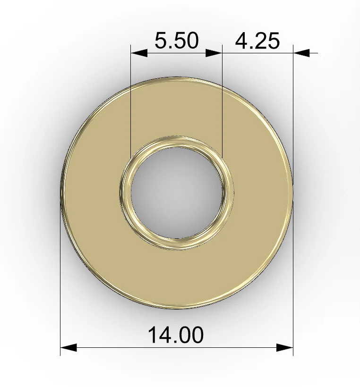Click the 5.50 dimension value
176,40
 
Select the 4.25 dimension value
257,41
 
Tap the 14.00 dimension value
176,335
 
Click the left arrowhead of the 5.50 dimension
139,52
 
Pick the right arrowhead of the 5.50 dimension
214,52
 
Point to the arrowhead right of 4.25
301,52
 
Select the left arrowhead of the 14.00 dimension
69,347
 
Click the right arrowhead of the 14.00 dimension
285,347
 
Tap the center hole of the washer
177,193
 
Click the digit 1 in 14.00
153,335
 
